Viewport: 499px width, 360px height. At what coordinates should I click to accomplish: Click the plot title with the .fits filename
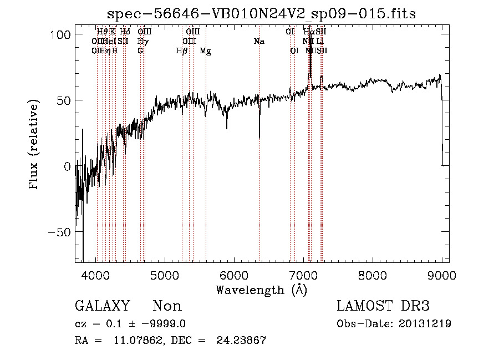tap(262, 13)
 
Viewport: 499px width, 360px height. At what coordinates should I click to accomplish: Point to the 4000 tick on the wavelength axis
tap(96, 275)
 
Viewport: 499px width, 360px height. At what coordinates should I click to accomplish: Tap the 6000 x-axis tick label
tap(235, 275)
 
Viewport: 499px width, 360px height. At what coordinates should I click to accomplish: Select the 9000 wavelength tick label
tap(441, 275)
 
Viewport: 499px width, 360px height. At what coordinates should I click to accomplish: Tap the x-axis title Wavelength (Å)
tap(262, 289)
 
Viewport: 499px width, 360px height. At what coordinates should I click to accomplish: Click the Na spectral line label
tap(259, 42)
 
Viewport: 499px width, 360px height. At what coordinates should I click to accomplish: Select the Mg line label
tap(205, 52)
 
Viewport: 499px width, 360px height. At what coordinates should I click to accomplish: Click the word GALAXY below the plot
tap(103, 306)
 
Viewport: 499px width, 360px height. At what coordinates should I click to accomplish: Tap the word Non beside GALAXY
tap(167, 306)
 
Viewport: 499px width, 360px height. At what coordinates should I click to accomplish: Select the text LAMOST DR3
tap(383, 306)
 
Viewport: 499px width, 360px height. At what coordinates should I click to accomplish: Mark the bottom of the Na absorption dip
tap(259, 137)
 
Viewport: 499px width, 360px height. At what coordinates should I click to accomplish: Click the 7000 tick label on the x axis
tap(303, 275)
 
